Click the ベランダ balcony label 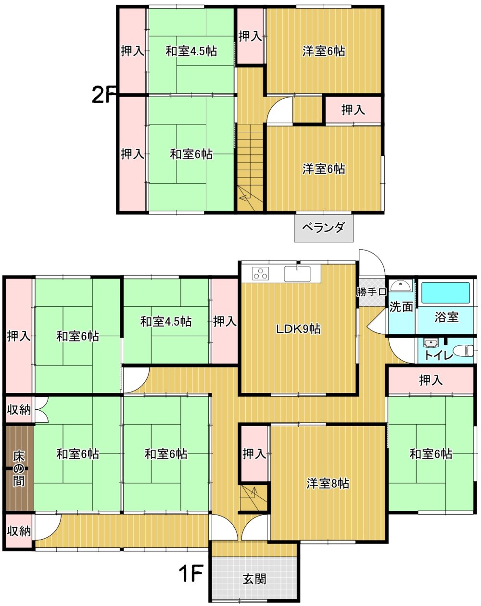point(323,227)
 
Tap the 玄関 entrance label point(254,579)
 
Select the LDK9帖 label point(298,328)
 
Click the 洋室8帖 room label point(328,483)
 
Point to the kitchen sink point(297,274)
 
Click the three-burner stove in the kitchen point(261,273)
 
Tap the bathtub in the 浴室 point(445,293)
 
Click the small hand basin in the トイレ point(430,343)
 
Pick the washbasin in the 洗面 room point(401,286)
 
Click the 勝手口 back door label point(371,292)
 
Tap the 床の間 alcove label point(19,468)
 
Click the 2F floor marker point(104,95)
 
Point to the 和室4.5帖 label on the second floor point(191,51)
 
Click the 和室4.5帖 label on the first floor point(166,322)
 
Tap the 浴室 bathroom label point(446,317)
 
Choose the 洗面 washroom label point(401,306)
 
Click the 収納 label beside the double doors point(19,409)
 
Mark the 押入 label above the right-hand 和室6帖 point(430,380)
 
